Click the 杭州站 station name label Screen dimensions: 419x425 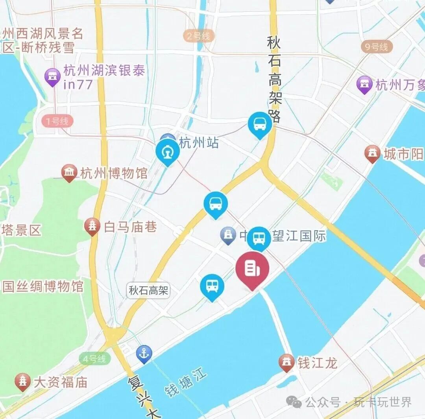pyautogui.click(x=199, y=142)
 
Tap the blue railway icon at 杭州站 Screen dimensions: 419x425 pyautogui.click(x=168, y=151)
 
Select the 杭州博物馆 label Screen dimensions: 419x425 pyautogui.click(x=114, y=173)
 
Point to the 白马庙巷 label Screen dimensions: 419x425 pyautogui.click(x=130, y=227)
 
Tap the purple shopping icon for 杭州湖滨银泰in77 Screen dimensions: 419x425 pyautogui.click(x=52, y=77)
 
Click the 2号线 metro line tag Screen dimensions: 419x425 pyautogui.click(x=199, y=37)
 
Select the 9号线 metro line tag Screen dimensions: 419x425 pyautogui.click(x=377, y=47)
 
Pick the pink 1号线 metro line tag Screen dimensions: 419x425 pyautogui.click(x=57, y=121)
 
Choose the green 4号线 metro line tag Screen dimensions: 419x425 pyautogui.click(x=94, y=358)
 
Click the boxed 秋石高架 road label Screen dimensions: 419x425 pyautogui.click(x=149, y=291)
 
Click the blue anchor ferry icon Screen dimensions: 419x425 pyautogui.click(x=144, y=353)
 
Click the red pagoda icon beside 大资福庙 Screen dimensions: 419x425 pyautogui.click(x=23, y=381)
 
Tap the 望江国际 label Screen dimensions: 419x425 pyautogui.click(x=299, y=236)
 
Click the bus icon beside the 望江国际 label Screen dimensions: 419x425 pyautogui.click(x=259, y=238)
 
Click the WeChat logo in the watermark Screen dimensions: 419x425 pyautogui.click(x=294, y=402)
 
